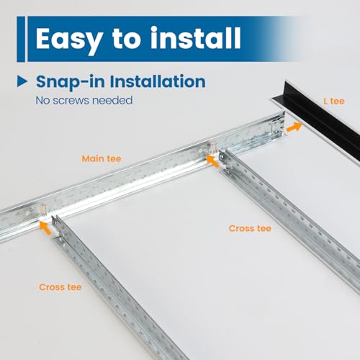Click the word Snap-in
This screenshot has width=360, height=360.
point(66,81)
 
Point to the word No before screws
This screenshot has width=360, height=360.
point(44,100)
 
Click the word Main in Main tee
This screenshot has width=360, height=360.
point(91,158)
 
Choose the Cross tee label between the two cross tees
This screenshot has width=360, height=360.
point(249,228)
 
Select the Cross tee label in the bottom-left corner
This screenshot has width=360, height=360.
point(60,287)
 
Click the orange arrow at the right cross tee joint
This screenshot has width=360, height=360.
point(215,161)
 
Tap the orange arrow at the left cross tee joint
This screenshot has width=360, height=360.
point(48,228)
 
